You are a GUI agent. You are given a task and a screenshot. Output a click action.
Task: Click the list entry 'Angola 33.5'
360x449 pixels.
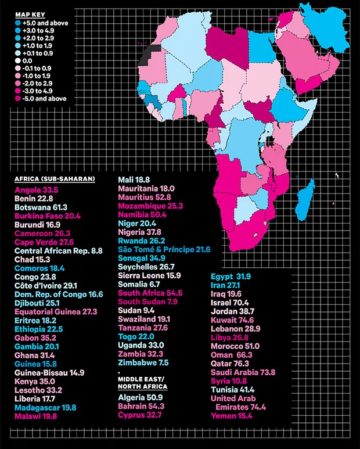click(x=37, y=189)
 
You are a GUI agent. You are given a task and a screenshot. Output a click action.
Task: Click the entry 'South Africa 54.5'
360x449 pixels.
click(x=150, y=293)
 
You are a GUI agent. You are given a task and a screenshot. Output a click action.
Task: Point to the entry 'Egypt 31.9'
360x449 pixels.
click(x=231, y=276)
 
